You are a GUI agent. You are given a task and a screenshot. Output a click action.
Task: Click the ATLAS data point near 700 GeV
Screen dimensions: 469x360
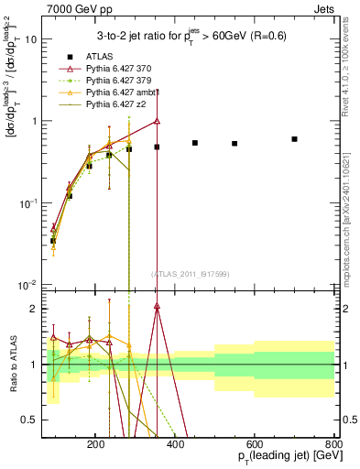coord(294,139)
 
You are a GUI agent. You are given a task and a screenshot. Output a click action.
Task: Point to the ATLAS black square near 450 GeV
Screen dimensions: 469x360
coord(195,143)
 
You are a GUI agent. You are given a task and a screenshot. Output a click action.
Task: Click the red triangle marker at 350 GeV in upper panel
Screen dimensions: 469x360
coord(157,121)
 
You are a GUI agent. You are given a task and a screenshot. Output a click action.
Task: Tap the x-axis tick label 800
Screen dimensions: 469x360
coord(334,443)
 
